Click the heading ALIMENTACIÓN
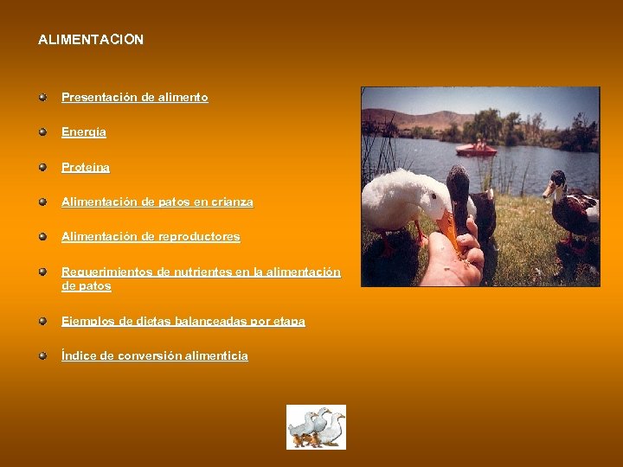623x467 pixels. pyautogui.click(x=91, y=40)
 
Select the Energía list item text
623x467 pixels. pyautogui.click(x=84, y=132)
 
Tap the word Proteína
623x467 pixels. pyautogui.click(x=86, y=167)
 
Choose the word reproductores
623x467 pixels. pyautogui.click(x=197, y=236)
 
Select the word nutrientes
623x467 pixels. pyautogui.click(x=196, y=272)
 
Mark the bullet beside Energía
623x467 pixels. pyautogui.click(x=42, y=132)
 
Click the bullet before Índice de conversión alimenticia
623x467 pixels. pyautogui.click(x=42, y=355)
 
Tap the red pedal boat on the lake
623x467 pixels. pyautogui.click(x=476, y=149)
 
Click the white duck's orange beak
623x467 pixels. pyautogui.click(x=449, y=227)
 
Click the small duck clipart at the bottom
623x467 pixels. pyautogui.click(x=316, y=426)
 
